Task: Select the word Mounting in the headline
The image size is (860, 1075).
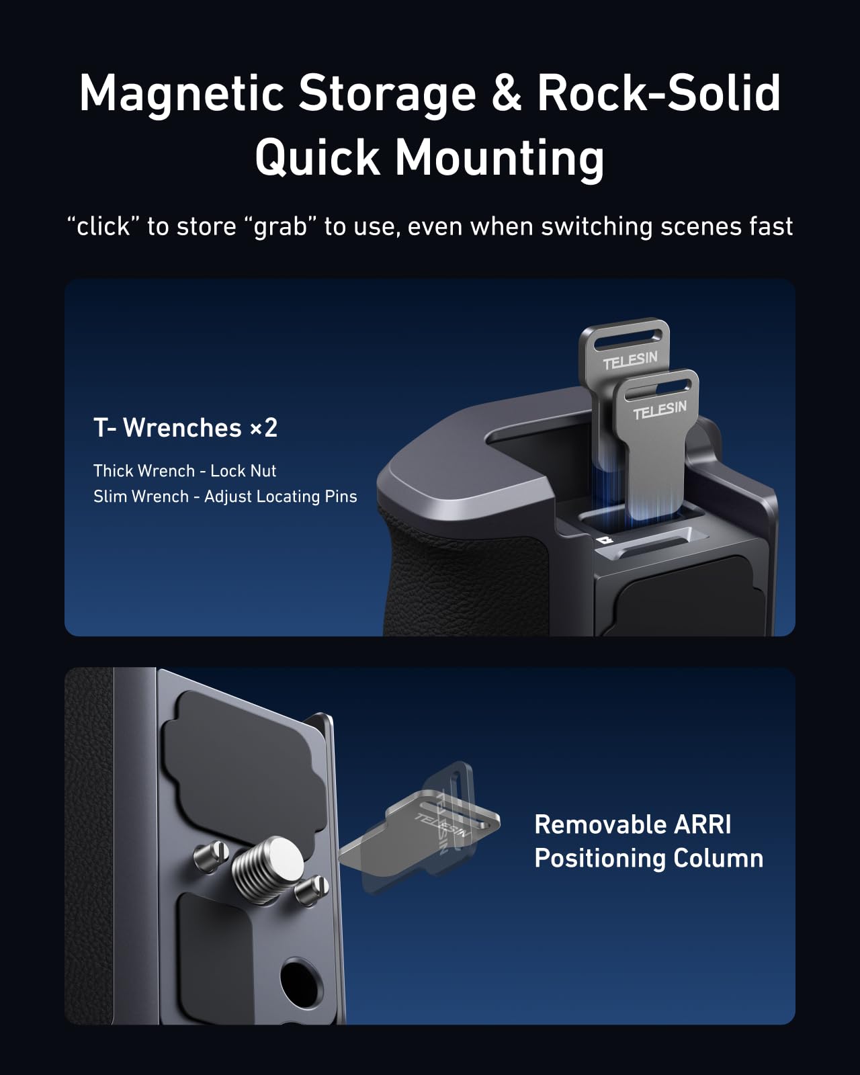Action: (499, 159)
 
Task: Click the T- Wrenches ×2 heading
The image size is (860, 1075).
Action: (185, 428)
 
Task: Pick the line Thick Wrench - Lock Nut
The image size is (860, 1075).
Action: (185, 470)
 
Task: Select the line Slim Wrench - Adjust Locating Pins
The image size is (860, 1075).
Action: (225, 497)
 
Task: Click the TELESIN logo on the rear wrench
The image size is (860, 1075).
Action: (630, 361)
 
